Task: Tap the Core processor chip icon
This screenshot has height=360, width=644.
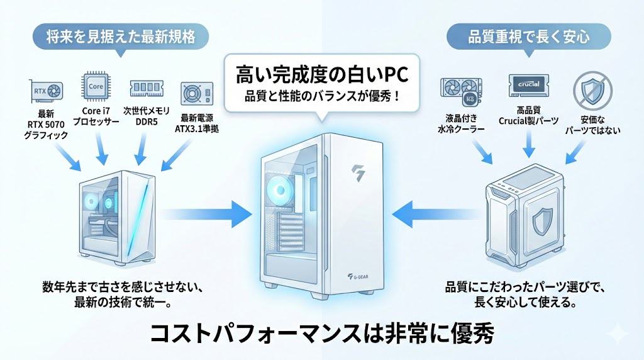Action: coord(95,85)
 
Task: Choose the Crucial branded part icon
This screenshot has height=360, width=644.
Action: coord(528,86)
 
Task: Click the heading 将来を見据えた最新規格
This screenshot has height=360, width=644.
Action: coord(120,37)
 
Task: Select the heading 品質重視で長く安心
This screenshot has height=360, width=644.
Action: coord(528,37)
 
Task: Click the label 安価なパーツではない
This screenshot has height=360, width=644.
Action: coord(590,125)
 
